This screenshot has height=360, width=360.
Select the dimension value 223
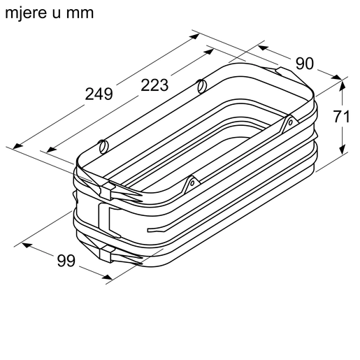tap(154, 85)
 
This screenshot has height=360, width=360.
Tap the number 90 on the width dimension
tap(304, 64)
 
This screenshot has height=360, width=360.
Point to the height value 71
tap(341, 117)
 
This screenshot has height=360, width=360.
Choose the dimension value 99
tap(66, 261)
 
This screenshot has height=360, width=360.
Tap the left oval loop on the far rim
tap(103, 147)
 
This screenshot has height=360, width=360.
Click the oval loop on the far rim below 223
tap(201, 87)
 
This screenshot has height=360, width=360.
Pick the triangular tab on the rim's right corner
tap(288, 124)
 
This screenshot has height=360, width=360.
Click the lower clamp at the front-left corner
tap(107, 252)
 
